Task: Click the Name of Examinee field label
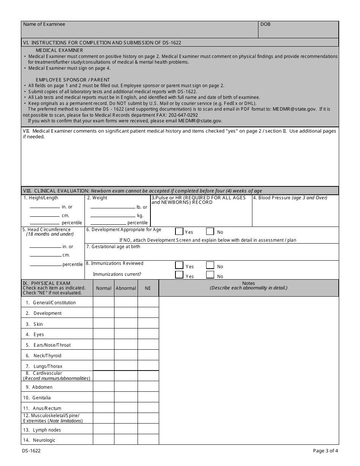point(44,24)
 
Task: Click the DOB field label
point(265,24)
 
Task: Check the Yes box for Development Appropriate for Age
point(179,231)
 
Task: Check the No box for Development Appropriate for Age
point(210,231)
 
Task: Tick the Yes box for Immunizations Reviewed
point(179,266)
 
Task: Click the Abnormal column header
point(126,288)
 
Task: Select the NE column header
point(148,288)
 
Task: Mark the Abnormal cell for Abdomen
point(126,386)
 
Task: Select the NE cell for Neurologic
point(148,439)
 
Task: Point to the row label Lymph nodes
point(47,430)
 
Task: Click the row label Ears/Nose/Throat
point(52,345)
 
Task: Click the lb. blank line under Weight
point(113,208)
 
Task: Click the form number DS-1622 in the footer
point(31,451)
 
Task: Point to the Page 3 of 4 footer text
point(325,451)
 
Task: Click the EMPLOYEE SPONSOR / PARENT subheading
point(73,80)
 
